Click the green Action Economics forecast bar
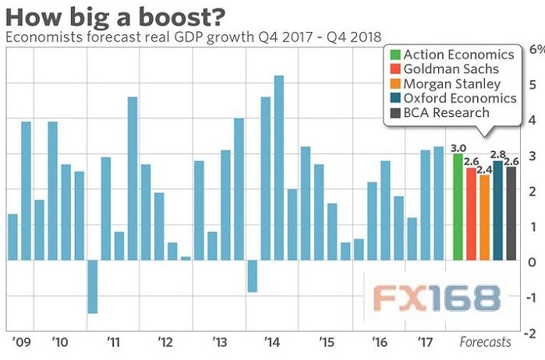click(458, 206)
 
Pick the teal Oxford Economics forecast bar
click(497, 210)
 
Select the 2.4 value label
click(484, 169)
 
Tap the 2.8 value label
click(497, 155)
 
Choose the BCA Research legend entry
click(444, 114)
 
